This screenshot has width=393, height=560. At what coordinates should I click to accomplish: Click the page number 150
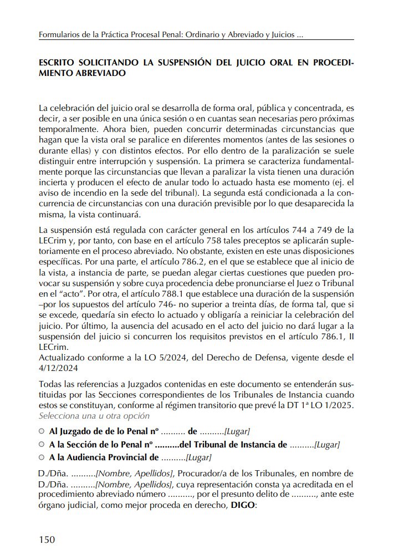tap(47, 539)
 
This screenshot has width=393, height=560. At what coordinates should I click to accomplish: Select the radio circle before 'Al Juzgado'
tap(42, 431)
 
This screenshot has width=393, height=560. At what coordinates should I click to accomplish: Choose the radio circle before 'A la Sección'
tap(42, 445)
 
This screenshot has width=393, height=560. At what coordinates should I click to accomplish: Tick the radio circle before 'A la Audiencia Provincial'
tap(42, 458)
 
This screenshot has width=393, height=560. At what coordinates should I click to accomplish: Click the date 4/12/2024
tap(59, 367)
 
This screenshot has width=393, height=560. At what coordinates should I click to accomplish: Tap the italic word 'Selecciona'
tap(57, 416)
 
